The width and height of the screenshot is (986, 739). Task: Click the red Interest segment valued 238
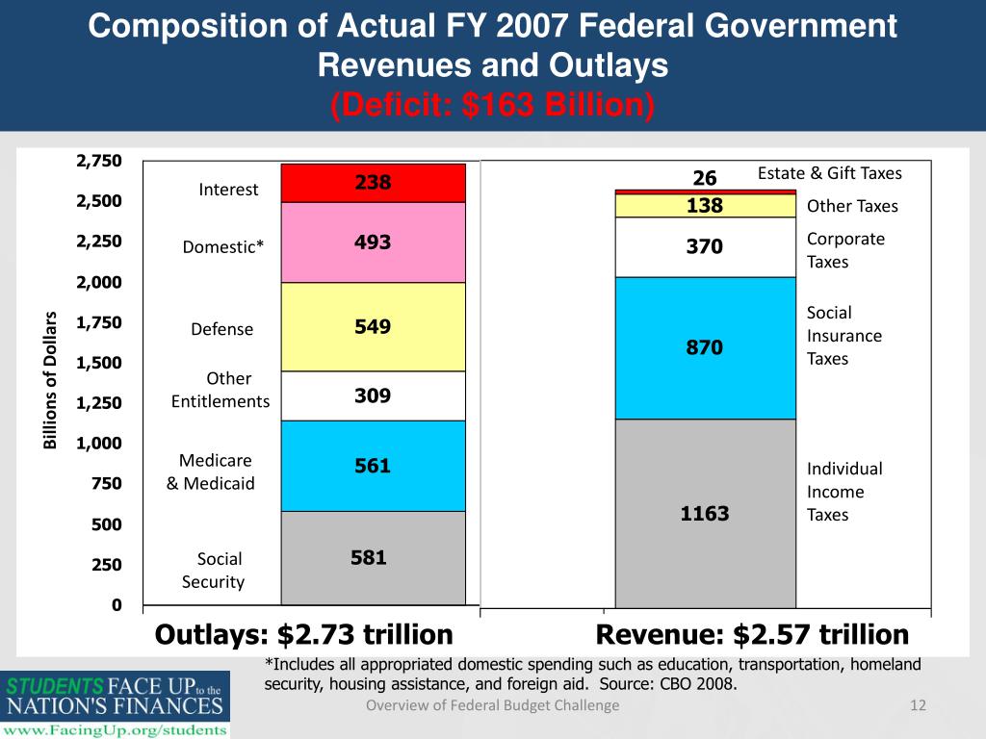(373, 183)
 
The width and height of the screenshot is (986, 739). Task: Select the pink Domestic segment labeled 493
(373, 242)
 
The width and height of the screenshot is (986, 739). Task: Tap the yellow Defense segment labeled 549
(373, 327)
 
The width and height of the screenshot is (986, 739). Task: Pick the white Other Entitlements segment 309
(373, 395)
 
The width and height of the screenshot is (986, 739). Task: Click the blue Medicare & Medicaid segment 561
(373, 466)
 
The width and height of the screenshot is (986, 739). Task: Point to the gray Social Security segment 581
(373, 557)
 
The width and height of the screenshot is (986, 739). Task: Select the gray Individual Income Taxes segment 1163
(705, 514)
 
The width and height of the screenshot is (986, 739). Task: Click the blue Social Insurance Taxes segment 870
(705, 347)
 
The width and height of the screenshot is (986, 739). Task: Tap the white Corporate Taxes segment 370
(705, 247)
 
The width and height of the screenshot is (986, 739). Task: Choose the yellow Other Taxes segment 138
(705, 206)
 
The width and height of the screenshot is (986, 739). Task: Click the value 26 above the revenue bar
(705, 178)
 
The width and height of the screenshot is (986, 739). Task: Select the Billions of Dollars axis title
(52, 381)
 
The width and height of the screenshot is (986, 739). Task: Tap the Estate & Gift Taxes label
(829, 173)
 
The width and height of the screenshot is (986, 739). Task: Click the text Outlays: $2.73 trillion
(303, 635)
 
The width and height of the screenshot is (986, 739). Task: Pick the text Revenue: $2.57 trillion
(752, 635)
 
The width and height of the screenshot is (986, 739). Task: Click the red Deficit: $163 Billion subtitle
(492, 103)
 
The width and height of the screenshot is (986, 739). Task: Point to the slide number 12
(918, 706)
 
